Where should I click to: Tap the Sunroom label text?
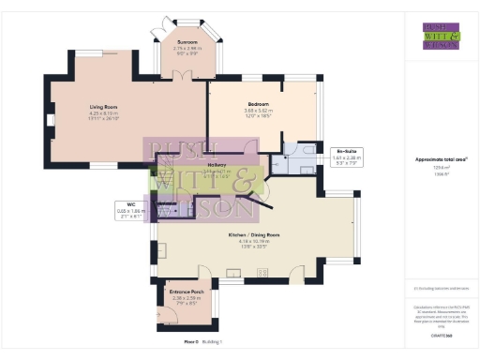click(x=187, y=40)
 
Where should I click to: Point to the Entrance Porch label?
click(x=187, y=292)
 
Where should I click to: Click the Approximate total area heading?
click(x=441, y=158)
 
